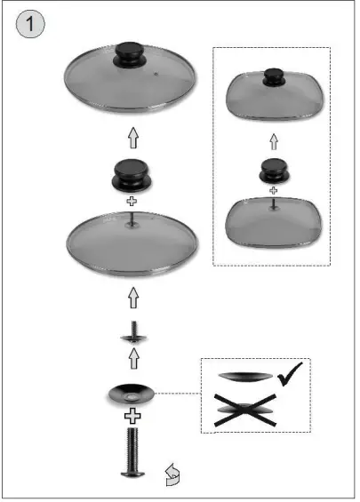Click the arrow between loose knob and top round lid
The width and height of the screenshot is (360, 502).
point(132,138)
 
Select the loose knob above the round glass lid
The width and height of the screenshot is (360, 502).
point(132,174)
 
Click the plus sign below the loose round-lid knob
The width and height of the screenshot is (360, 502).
point(132,203)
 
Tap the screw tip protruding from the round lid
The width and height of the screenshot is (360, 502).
point(132,219)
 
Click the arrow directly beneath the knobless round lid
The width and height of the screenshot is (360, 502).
point(132,296)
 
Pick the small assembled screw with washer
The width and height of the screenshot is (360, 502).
point(132,337)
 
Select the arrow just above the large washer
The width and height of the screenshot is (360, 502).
point(132,359)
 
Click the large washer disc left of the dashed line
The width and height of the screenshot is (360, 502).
point(131,394)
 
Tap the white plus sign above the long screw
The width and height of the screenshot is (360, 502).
point(132,415)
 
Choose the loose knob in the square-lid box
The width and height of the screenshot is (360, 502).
point(273,170)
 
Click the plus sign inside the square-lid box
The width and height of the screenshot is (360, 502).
point(273,190)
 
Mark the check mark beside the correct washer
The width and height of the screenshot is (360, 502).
point(290,378)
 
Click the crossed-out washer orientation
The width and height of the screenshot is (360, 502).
point(250,413)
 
